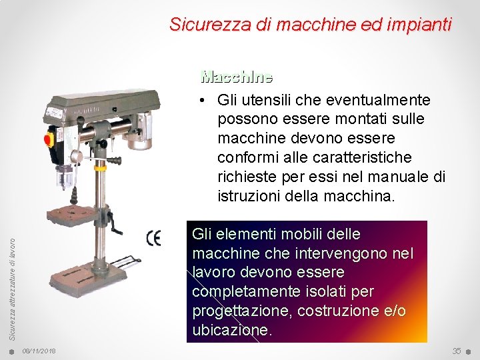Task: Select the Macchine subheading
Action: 237,77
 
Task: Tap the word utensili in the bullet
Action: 269,100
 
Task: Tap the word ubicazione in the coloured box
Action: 231,331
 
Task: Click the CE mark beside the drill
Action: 153,238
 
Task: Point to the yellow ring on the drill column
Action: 100,168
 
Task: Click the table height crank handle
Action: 117,226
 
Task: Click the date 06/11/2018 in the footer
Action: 39,351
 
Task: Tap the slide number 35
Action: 457,351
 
